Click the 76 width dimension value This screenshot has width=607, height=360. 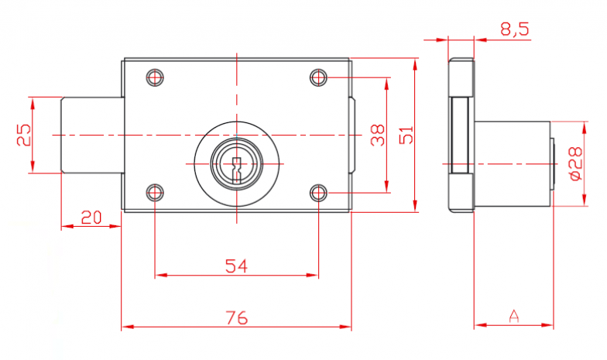pos(237,317)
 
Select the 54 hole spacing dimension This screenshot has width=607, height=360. pos(236,266)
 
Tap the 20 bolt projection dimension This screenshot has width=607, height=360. pos(91,218)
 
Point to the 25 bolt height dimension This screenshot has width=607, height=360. pos(23,135)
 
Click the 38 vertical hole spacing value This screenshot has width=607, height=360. pos(378,135)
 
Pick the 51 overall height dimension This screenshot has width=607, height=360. pos(406,135)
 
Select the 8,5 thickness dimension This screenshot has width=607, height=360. pos(515,29)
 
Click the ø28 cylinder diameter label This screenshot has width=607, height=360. pos(576,163)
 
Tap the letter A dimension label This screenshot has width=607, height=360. pos(514,316)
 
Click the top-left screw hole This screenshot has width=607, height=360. pos(155,77)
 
